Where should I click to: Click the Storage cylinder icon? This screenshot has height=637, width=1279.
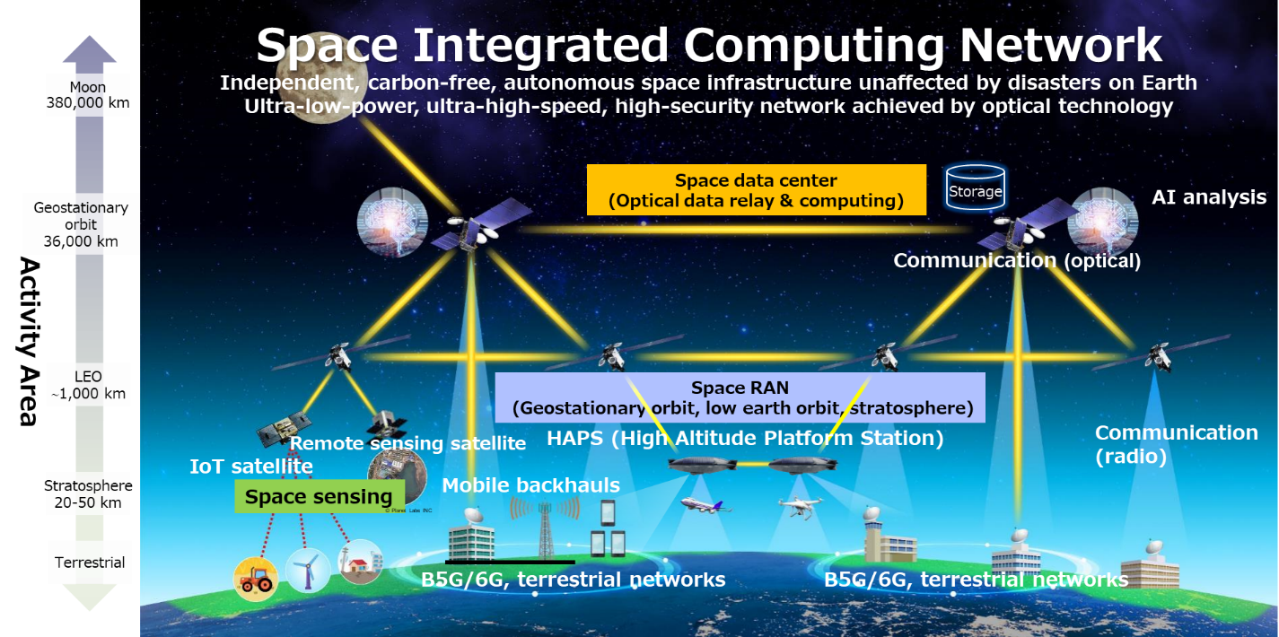976,186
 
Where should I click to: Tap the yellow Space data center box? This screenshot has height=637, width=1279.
756,190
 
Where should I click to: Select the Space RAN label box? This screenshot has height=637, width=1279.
740,397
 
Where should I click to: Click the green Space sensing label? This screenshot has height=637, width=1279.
320,496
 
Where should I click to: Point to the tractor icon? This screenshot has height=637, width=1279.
256,579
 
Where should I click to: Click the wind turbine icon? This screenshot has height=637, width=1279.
309,569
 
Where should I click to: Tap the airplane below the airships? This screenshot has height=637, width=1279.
705,505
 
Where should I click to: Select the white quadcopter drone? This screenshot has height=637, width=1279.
801,506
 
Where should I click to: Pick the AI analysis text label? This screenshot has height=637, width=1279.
1209,196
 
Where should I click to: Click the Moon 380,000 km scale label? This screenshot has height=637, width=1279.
88,95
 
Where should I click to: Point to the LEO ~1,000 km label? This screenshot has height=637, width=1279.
89,385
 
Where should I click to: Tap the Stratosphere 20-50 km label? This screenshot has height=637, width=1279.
88,493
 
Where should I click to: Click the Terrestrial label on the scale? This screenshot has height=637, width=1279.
90,563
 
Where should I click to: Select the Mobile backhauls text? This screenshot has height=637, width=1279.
531,485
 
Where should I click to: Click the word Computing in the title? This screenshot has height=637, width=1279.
815,46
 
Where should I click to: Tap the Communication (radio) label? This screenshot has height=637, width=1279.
1176,444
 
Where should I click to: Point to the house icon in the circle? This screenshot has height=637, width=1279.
360,563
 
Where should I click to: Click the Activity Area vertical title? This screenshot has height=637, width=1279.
30,341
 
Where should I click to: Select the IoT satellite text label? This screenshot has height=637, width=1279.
251,467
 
